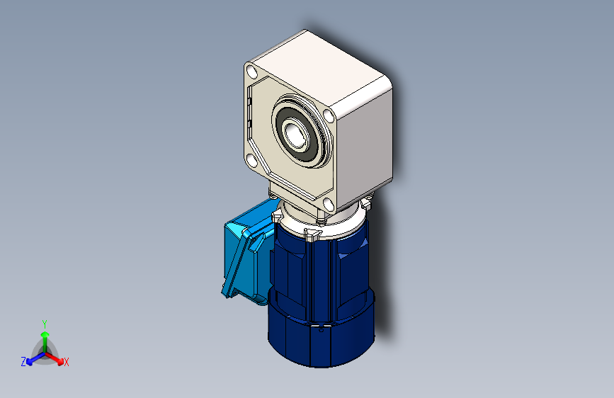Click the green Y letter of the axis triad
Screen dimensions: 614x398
(45, 324)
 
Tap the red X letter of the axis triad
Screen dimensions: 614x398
(66, 362)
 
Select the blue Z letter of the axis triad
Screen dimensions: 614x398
(23, 362)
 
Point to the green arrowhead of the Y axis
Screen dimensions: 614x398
(45, 335)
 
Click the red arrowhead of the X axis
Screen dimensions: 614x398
(59, 360)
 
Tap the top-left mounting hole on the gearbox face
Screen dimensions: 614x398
(252, 72)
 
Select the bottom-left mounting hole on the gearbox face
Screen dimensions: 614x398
(251, 161)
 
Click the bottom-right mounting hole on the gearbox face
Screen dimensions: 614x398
(328, 204)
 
